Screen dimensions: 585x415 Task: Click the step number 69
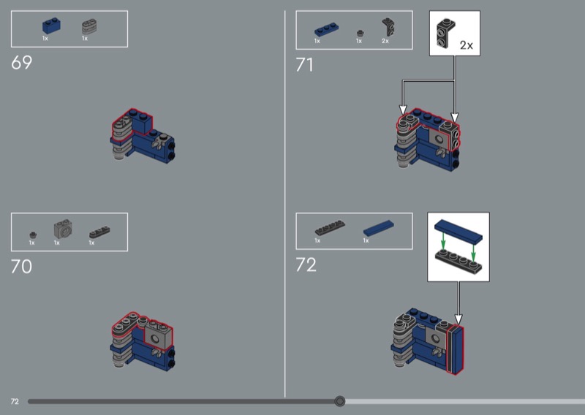point(22,63)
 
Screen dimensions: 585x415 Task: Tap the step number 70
point(22,266)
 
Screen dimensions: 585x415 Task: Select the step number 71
point(304,65)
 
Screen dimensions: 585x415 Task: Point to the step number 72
point(306,264)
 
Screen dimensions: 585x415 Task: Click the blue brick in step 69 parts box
point(51,26)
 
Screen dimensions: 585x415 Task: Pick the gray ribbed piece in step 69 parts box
point(89,26)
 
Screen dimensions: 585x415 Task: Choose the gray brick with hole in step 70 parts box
point(63,229)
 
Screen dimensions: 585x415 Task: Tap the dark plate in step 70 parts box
point(99,232)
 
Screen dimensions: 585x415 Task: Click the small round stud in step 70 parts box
point(33,235)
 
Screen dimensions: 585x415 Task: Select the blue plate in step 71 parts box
point(326,30)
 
